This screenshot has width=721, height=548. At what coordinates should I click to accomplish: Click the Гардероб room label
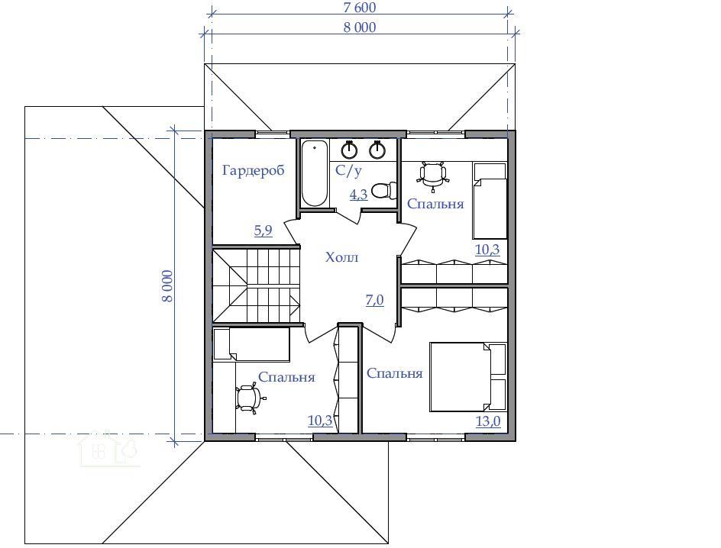254,171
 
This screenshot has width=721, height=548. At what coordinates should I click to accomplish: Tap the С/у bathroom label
348,171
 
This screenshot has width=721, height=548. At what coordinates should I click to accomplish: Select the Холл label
341,257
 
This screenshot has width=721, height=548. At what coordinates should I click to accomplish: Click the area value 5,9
264,230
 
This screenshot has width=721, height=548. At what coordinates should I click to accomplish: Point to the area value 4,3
359,195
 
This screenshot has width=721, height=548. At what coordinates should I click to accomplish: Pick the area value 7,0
375,301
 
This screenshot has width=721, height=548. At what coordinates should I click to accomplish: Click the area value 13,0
488,421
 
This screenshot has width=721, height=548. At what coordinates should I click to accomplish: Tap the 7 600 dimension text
359,8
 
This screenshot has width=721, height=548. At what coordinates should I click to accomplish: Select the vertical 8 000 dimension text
167,286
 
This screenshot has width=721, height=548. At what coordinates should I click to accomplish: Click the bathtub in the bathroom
315,173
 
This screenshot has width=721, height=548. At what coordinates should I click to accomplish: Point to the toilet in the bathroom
384,191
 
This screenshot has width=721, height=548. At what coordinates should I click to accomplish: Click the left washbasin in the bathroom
350,150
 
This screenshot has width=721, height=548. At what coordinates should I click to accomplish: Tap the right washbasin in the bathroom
377,150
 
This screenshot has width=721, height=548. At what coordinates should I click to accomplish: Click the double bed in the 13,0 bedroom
468,376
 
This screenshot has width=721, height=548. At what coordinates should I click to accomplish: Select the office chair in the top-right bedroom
433,175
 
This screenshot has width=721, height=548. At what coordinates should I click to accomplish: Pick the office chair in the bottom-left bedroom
251,398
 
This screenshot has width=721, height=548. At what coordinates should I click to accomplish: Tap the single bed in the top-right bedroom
490,201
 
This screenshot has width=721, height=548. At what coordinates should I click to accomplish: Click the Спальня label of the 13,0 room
395,373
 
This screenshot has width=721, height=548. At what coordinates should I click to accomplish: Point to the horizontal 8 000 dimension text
360,27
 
